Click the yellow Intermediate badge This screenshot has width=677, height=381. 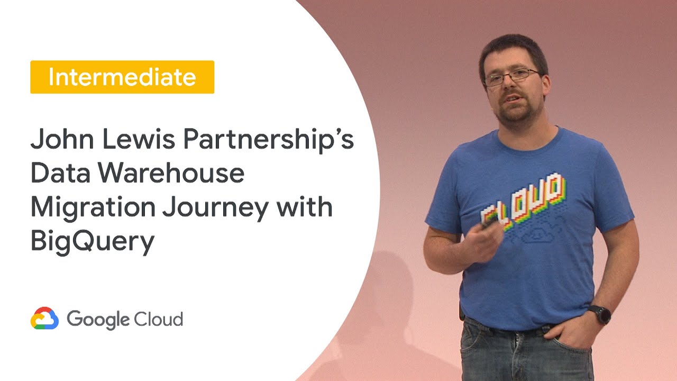(x=122, y=77)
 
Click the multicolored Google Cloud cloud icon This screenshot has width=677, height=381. (x=44, y=319)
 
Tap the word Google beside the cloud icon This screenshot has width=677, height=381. (x=98, y=320)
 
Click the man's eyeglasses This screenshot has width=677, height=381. (x=511, y=77)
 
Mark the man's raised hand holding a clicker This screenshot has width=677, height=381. (x=484, y=241)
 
